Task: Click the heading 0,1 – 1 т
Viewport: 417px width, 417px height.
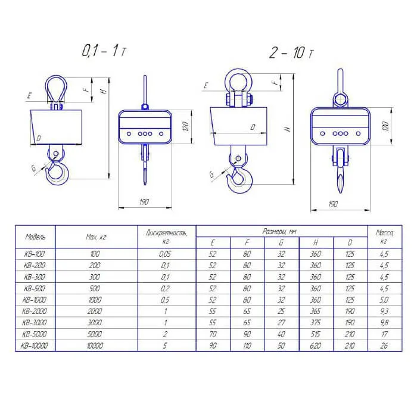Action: (x=104, y=51)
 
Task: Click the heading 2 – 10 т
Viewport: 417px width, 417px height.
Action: (x=291, y=52)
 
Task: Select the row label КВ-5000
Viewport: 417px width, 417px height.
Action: (x=35, y=334)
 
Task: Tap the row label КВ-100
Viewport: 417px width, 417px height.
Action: (x=35, y=254)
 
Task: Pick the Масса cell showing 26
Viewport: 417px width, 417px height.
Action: (x=384, y=346)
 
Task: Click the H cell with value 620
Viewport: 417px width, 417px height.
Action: (x=315, y=346)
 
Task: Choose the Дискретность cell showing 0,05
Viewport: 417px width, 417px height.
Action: (x=165, y=254)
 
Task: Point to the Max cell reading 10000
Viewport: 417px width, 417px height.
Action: (x=95, y=346)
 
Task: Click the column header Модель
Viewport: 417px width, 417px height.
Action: (x=35, y=236)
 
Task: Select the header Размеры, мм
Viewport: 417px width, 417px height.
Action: (x=279, y=231)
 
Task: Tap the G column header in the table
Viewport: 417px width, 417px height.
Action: (x=281, y=242)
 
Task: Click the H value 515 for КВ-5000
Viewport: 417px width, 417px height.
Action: (x=315, y=334)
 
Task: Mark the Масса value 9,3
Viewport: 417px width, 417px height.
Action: (x=384, y=311)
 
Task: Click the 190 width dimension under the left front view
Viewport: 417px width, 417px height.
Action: (x=144, y=202)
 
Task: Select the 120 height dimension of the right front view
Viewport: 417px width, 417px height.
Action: (x=385, y=126)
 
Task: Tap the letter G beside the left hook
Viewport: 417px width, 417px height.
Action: (x=33, y=168)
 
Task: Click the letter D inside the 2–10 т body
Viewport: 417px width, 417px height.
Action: (x=253, y=127)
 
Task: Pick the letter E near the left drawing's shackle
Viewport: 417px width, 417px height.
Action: (x=30, y=96)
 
